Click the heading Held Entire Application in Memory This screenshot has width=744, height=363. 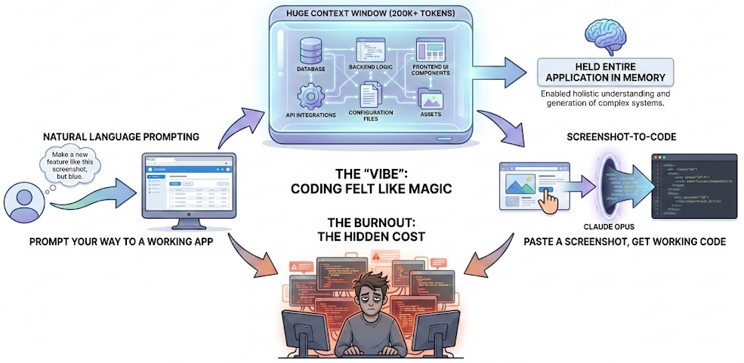click(602, 77)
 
